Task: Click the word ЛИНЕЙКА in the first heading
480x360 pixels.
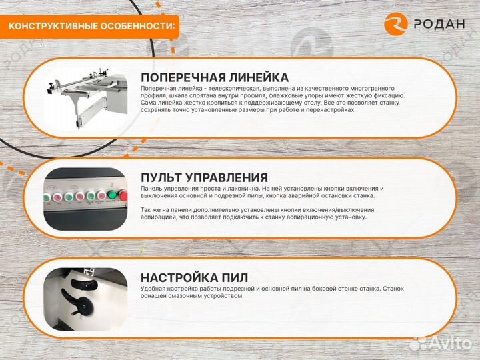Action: (255, 77)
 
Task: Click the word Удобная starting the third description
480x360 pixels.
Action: (153, 289)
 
